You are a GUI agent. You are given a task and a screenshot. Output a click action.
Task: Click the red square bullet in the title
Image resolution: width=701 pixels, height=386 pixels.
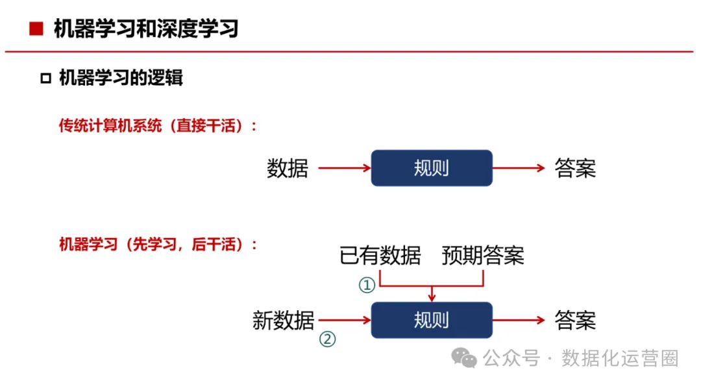point(36,29)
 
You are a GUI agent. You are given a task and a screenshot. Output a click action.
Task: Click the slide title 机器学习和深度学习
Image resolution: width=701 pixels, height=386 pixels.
point(146,29)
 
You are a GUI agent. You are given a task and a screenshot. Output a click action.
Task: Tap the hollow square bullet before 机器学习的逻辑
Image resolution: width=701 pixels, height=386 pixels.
point(45,79)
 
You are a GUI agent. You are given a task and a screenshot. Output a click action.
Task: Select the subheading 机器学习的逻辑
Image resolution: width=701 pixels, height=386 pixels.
point(121,78)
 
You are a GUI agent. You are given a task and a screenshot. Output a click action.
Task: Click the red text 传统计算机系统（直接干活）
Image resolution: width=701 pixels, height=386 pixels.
point(158,126)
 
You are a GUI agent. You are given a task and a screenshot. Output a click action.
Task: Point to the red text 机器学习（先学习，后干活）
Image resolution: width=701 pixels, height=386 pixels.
point(158,245)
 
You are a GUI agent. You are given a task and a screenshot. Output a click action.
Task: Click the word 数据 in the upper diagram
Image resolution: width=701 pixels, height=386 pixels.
point(287,169)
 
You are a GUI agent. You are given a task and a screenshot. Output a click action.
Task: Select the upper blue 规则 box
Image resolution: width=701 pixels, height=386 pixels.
point(432,168)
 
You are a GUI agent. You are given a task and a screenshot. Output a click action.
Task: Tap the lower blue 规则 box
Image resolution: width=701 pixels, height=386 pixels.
point(432,320)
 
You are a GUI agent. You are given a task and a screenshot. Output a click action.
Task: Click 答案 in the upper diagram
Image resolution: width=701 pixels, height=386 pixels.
point(575,169)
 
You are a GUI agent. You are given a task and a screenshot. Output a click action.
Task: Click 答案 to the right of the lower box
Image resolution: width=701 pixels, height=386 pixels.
point(575,320)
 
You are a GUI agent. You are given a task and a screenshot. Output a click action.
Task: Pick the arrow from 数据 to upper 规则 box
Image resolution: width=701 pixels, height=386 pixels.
point(344,169)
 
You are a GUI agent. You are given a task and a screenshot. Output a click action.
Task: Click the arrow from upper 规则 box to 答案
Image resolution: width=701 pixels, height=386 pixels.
point(519,169)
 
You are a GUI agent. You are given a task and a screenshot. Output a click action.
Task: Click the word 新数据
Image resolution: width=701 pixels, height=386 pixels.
point(284,320)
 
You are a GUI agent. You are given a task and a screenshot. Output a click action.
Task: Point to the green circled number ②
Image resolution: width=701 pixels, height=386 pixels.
point(328,339)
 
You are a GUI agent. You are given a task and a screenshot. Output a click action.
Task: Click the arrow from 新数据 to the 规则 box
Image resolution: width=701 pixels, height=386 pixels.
point(344,320)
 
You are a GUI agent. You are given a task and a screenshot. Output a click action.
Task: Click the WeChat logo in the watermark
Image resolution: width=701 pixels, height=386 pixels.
point(465,357)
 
